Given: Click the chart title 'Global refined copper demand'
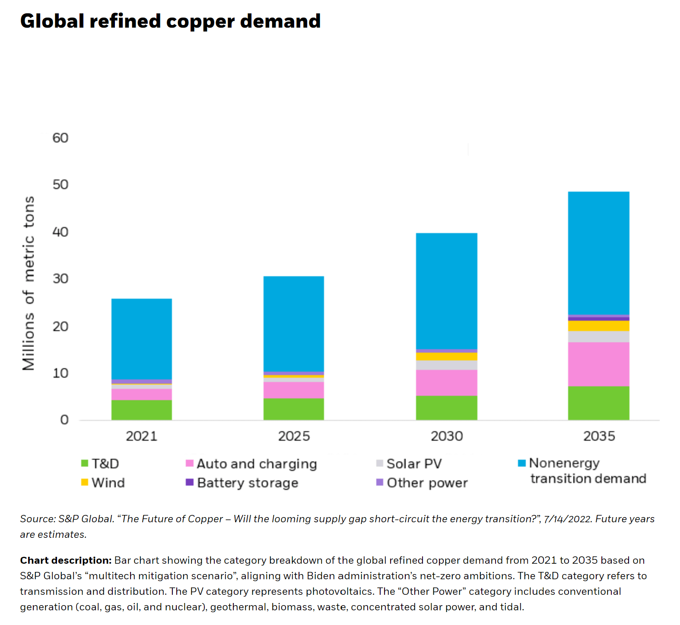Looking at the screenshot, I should [170, 21].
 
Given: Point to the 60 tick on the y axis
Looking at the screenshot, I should [60, 138].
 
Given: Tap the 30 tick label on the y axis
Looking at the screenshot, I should [60, 279].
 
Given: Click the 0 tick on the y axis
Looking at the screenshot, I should [64, 420].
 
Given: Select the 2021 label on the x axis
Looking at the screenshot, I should [141, 436].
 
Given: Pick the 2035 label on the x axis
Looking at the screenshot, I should [599, 436].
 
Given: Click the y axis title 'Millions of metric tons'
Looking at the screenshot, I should [29, 283].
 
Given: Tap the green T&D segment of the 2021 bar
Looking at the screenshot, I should [141, 410].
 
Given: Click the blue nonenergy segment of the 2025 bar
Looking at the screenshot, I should [294, 324].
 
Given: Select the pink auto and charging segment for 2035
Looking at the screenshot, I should [599, 364].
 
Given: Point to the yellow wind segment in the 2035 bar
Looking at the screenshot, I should [599, 326].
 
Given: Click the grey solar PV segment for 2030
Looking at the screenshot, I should [447, 365].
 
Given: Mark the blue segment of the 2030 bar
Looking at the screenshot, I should [447, 291].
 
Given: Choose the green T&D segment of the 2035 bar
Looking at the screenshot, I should [599, 403].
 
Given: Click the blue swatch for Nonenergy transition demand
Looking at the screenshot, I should [522, 463].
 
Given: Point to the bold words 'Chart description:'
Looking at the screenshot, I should [66, 560].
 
